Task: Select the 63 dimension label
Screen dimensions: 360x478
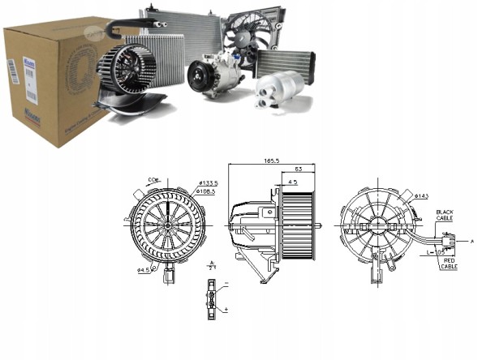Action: (x=298, y=169)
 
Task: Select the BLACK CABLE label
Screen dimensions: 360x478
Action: (x=445, y=215)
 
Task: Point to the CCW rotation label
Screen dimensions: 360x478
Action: (x=153, y=179)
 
